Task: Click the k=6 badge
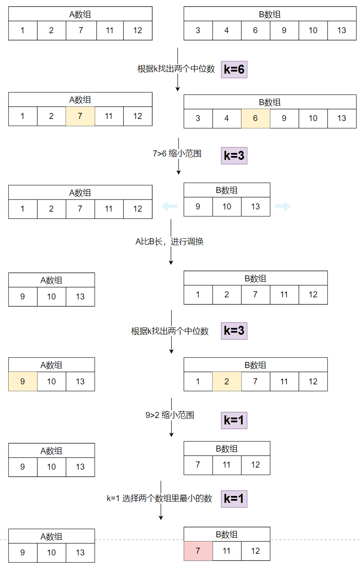click(234, 69)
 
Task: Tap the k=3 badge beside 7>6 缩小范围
click(234, 156)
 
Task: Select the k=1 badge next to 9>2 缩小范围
click(234, 420)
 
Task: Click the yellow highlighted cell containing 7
click(80, 116)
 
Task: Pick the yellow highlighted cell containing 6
click(255, 118)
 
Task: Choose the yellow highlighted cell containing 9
click(23, 382)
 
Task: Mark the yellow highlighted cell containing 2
click(227, 382)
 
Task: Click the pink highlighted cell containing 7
click(198, 551)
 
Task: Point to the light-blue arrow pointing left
click(169, 207)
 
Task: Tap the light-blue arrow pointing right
click(283, 207)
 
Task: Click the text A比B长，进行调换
click(169, 242)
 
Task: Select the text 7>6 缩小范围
click(177, 153)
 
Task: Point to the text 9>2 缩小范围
click(169, 415)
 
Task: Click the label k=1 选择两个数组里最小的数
click(160, 499)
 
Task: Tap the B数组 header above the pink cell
click(227, 534)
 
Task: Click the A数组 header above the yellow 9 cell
click(51, 365)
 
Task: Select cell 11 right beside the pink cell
click(227, 551)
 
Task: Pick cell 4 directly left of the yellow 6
click(227, 118)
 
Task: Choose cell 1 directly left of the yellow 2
click(198, 382)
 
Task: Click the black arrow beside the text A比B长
click(171, 254)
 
